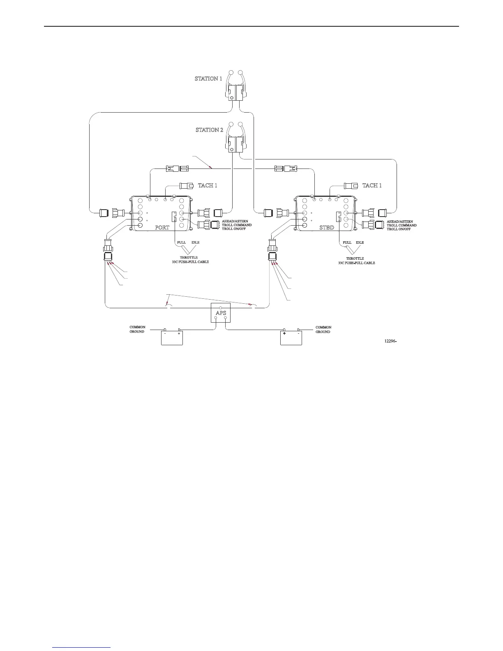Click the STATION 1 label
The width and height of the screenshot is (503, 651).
(208, 78)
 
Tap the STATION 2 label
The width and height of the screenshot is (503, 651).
(209, 130)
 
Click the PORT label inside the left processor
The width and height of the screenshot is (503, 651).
(162, 227)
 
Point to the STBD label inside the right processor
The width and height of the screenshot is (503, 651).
(327, 227)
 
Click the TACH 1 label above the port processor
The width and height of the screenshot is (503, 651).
(208, 185)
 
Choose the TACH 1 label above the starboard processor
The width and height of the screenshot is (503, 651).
(372, 185)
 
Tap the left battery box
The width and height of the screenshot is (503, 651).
(172, 337)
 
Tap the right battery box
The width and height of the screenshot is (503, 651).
(291, 337)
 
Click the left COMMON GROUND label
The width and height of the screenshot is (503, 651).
(137, 330)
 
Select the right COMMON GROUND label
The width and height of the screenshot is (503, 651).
(323, 330)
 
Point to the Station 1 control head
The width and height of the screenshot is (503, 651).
(236, 89)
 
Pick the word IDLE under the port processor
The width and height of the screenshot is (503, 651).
(195, 242)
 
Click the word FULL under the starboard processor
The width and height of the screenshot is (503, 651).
(347, 242)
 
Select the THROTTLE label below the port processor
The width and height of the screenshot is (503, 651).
(189, 258)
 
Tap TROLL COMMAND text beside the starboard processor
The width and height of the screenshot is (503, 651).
(401, 225)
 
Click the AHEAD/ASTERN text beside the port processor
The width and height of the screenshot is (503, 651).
(235, 222)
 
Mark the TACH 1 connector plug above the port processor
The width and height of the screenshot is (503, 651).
(186, 185)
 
